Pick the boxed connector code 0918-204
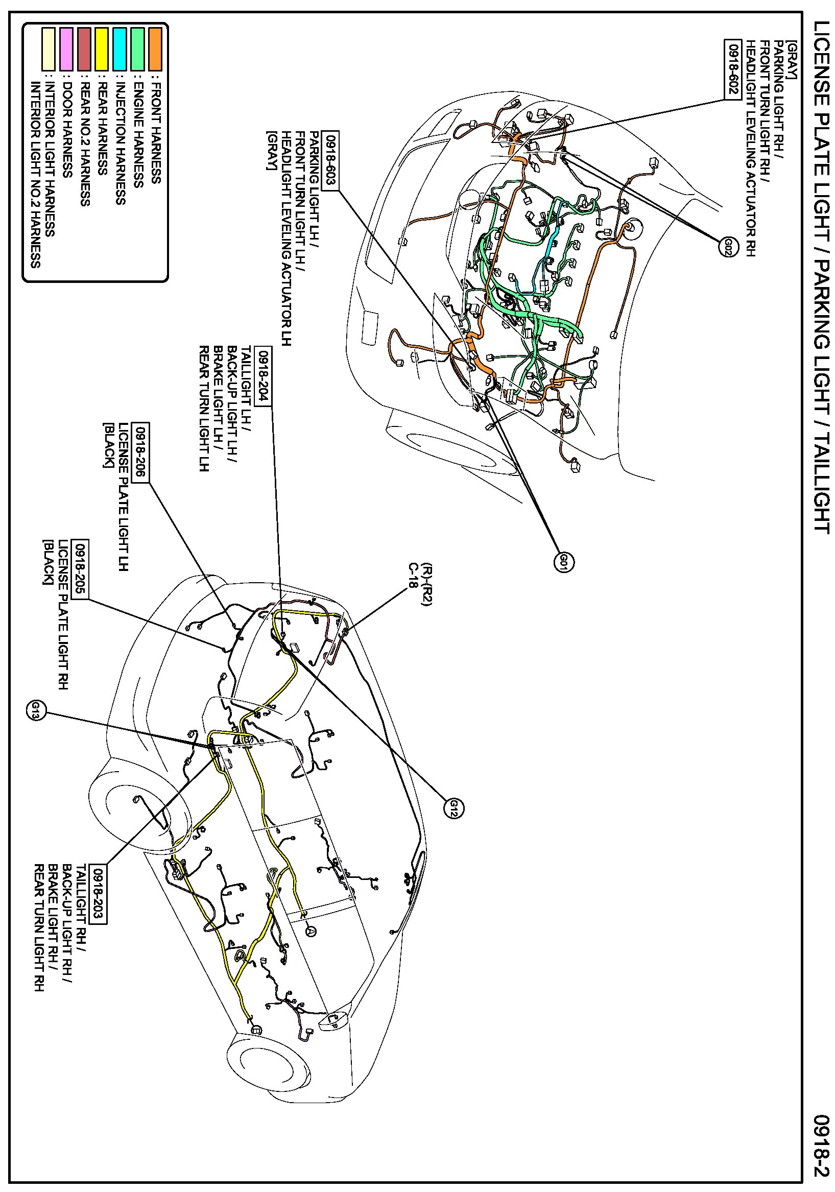point(264,376)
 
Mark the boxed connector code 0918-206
point(141,452)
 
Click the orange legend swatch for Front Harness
point(155,50)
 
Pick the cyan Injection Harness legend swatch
point(120,50)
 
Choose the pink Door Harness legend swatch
point(66,50)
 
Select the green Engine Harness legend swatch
point(137,50)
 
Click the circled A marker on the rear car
point(311,932)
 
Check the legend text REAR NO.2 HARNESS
point(85,145)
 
